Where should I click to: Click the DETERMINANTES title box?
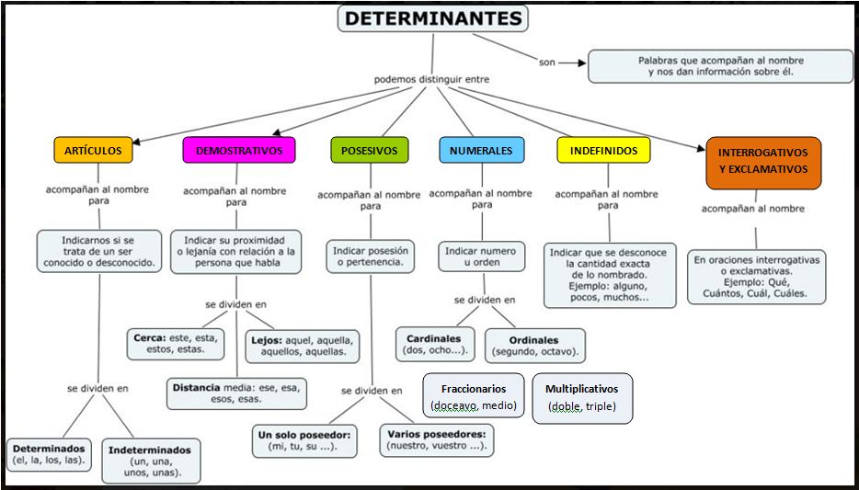pos(431,18)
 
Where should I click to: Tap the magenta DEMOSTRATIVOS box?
pos(239,150)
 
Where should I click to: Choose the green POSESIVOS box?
pos(369,150)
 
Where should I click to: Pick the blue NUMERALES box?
pos(481,150)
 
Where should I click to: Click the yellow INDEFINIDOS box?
pos(603,150)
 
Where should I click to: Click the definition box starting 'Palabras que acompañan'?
pos(720,66)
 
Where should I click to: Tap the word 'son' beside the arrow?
pos(547,63)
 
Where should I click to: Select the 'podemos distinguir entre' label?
pos(431,79)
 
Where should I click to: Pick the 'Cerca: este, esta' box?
pos(176,343)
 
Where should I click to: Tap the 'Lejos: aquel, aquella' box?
pos(303,345)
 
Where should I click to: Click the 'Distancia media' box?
pos(236,393)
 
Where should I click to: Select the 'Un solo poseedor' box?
pos(307,439)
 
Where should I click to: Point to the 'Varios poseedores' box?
pos(436,439)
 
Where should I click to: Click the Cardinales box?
pos(434,344)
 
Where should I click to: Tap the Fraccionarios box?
pos(474,396)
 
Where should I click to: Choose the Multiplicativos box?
pos(582,397)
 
